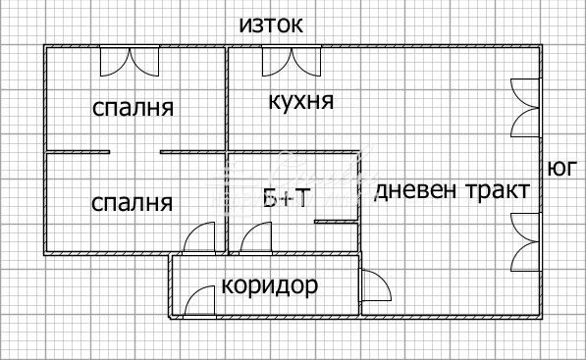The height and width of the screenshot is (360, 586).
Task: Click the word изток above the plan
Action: tap(271, 25)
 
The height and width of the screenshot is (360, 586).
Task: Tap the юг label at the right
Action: tap(562, 168)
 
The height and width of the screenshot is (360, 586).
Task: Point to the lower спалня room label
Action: tap(132, 203)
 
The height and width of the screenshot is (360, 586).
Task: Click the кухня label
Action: tap(300, 101)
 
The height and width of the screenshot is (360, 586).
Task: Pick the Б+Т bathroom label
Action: tap(287, 199)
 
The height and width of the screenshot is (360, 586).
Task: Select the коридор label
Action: tap(269, 286)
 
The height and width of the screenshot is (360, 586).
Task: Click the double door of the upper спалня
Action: tap(129, 62)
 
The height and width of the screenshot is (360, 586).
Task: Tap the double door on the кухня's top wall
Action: tap(290, 62)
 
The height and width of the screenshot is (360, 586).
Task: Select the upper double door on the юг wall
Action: tap(525, 106)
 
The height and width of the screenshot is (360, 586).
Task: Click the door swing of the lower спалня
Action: tap(200, 237)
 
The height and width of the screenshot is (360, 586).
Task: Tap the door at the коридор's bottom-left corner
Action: tap(201, 300)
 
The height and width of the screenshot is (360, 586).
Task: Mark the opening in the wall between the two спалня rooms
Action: tap(134, 151)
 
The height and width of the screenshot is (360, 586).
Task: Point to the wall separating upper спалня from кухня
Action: tap(228, 98)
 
